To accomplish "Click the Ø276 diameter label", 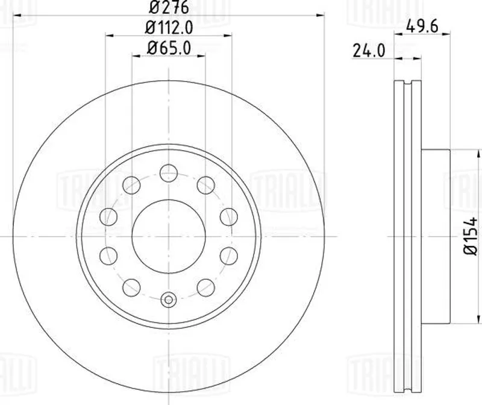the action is (169, 7).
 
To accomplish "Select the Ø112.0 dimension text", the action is (169, 28).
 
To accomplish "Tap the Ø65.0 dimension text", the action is (169, 48).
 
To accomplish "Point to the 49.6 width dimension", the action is (422, 27).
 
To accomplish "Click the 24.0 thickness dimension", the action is (369, 51).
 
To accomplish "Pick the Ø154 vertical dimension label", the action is (471, 236).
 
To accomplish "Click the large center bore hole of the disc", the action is (169, 236).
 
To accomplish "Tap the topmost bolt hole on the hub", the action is (169, 173).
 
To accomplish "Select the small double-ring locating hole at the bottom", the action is (169, 300).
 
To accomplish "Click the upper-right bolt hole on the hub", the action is (205, 185).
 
